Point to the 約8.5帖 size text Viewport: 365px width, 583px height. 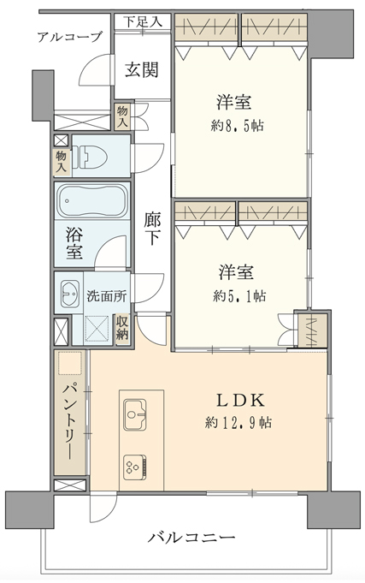233,123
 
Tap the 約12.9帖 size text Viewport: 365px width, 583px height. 238,422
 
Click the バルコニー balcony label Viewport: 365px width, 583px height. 191,538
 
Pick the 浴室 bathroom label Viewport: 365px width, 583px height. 73,241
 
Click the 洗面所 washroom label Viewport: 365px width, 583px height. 106,296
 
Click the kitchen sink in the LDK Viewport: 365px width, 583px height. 134,415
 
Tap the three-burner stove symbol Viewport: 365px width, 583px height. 134,466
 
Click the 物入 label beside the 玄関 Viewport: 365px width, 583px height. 122,117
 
